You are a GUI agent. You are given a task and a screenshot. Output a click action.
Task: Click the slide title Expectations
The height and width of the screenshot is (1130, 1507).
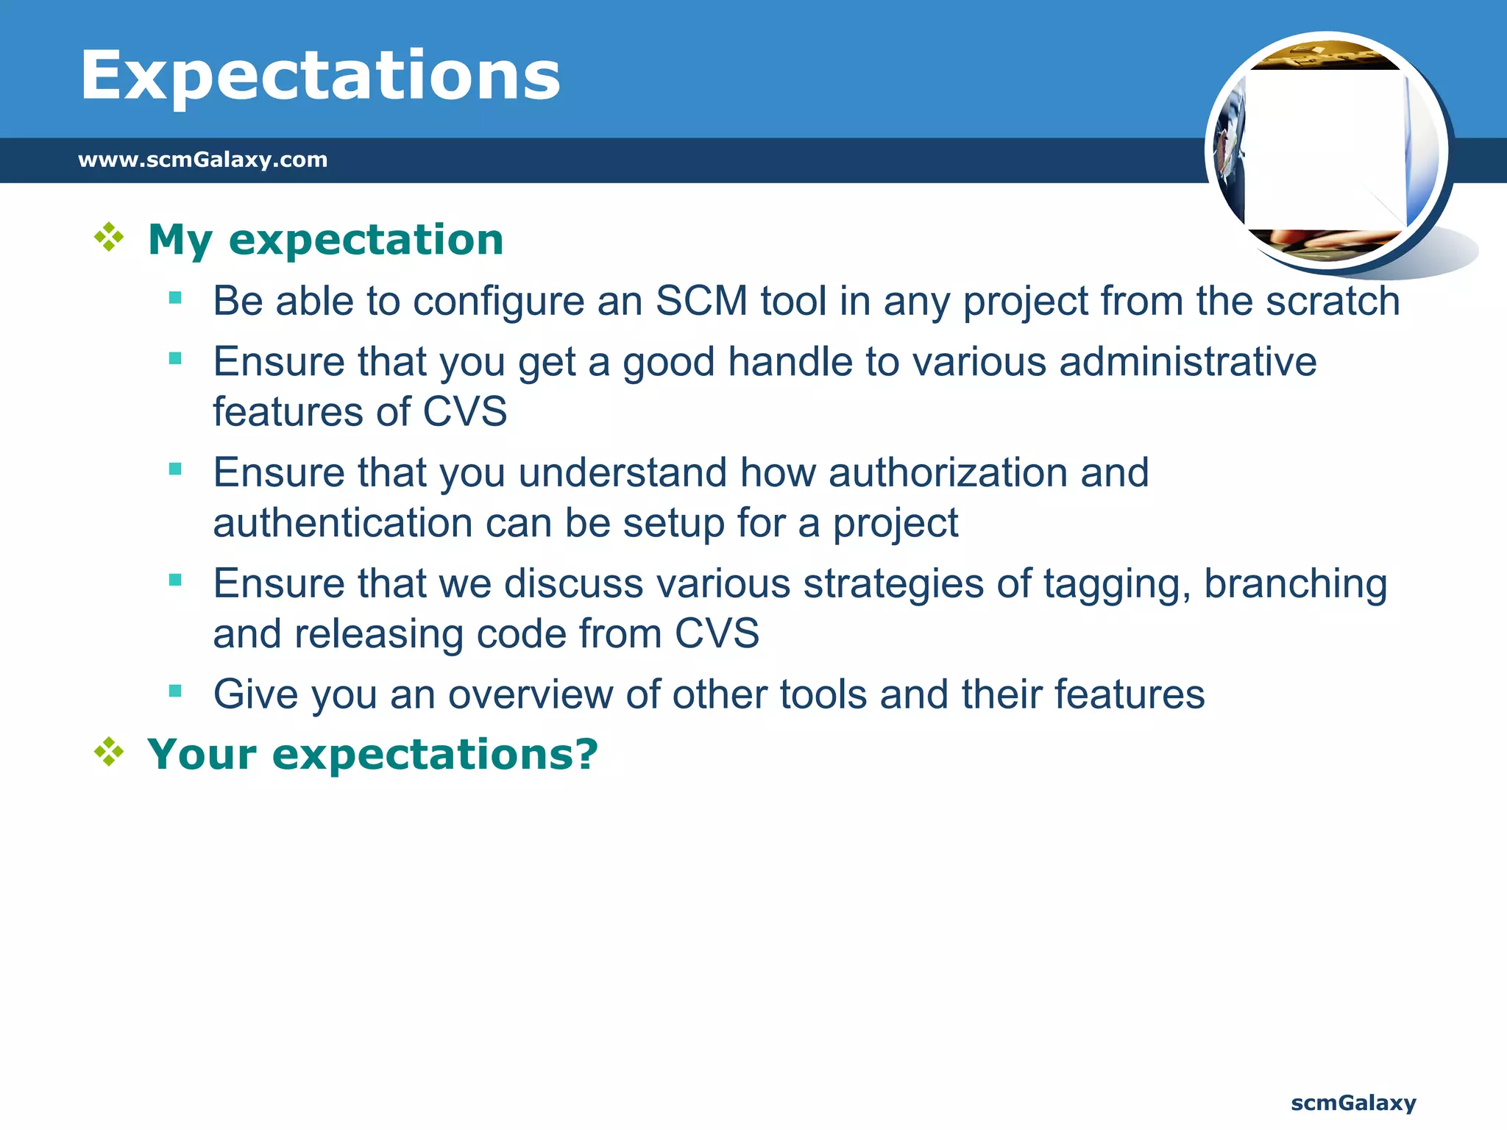(x=320, y=77)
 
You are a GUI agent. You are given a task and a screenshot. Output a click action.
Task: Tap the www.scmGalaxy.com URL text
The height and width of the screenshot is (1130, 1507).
(x=202, y=160)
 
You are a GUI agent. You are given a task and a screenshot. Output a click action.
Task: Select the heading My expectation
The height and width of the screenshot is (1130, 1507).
(x=325, y=240)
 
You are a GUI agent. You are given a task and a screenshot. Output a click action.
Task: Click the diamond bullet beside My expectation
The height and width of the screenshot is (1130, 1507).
(x=109, y=238)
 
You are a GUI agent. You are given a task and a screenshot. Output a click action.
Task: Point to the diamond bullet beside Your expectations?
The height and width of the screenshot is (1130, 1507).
(x=109, y=752)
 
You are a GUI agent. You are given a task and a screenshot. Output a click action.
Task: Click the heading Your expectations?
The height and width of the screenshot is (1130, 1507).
(x=372, y=754)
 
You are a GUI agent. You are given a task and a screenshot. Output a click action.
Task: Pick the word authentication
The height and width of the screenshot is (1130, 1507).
(x=342, y=523)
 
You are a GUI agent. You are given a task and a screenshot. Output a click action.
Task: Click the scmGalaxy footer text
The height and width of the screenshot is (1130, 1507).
(x=1352, y=1103)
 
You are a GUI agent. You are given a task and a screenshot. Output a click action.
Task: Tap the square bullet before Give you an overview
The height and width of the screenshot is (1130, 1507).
(x=175, y=691)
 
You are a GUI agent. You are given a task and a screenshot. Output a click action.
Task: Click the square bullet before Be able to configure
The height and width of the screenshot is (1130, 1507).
(x=175, y=298)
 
